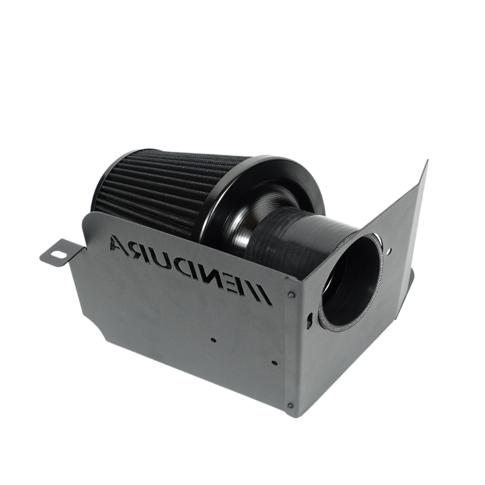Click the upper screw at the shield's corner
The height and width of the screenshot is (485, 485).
click(291, 295)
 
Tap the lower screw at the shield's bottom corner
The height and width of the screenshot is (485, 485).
click(290, 406)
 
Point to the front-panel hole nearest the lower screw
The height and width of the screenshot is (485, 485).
click(275, 363)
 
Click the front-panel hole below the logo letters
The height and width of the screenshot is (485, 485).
click(213, 340)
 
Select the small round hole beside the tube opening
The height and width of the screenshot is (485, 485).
click(390, 253)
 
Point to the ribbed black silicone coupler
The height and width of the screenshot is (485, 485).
click(294, 237)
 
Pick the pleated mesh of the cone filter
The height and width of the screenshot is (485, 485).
click(156, 189)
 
